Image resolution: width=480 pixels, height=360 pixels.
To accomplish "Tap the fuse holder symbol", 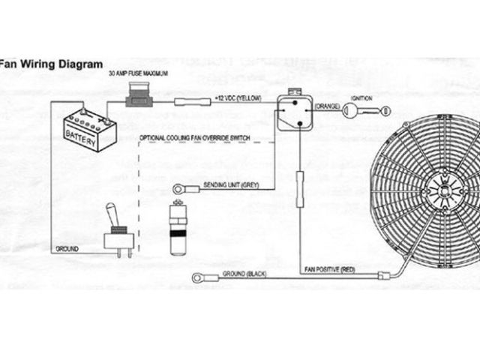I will pos(140,97).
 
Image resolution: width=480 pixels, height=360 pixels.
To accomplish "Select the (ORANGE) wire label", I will pos(327,106).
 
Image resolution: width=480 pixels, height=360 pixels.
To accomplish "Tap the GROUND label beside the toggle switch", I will pos(67,248).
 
